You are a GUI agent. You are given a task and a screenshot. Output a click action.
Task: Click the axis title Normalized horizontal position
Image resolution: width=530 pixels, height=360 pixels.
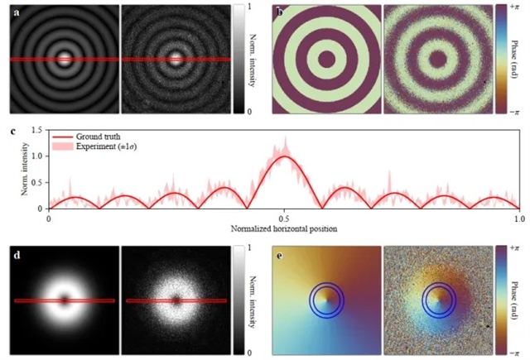click(x=284, y=228)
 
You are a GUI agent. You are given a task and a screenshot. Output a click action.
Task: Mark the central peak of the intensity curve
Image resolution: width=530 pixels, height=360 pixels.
click(x=284, y=156)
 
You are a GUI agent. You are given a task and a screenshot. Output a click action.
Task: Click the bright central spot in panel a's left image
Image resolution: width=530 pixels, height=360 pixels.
click(x=65, y=59)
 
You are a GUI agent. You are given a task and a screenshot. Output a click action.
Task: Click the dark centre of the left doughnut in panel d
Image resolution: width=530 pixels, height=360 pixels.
click(x=65, y=300)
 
